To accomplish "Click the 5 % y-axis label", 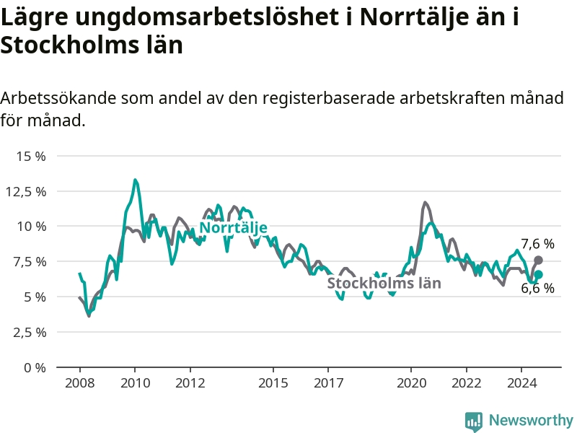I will [34, 297].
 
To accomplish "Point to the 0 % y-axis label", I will [34, 367].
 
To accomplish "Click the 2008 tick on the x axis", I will [79, 382].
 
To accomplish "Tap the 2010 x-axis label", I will [135, 382].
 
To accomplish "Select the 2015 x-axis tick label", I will [273, 382].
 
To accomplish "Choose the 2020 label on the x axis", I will [412, 382].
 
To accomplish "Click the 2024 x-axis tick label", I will [522, 382].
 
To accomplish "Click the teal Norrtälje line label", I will [234, 228].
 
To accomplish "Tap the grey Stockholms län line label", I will [384, 283].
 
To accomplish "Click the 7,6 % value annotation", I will [538, 244].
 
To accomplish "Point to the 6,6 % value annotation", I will [538, 289].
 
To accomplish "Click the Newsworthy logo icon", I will [474, 421].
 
